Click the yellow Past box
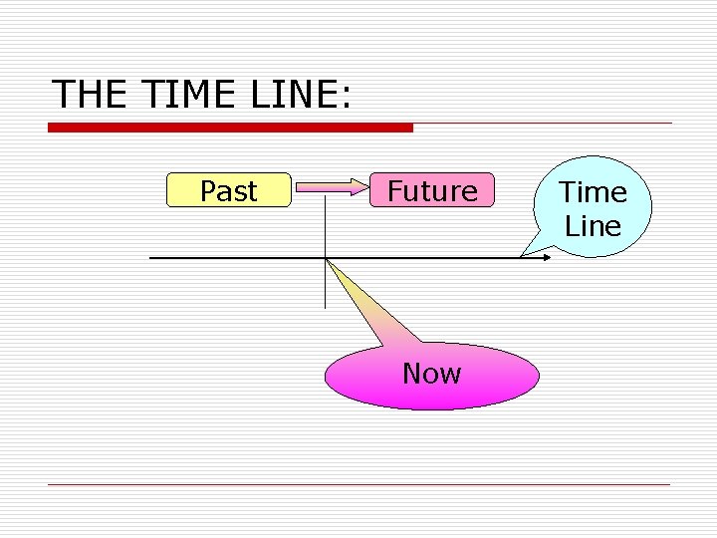coord(228,190)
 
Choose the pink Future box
coord(432,190)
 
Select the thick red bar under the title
coord(230,128)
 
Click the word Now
coord(431,374)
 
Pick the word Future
coord(432,190)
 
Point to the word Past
coord(228,190)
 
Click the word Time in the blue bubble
coord(593,191)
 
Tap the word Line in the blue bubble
coord(593,226)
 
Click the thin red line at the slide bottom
coord(358,485)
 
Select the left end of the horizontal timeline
coord(151,258)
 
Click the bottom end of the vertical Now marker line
coord(325,306)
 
